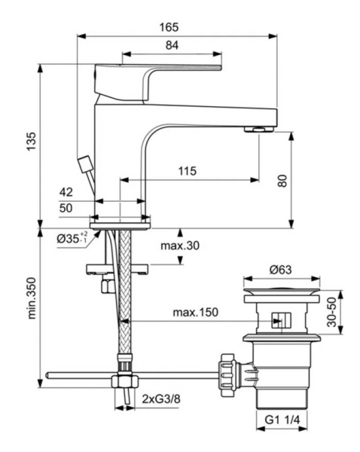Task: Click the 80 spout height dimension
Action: coord(304,180)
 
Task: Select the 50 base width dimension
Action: coord(66,208)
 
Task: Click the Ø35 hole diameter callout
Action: coord(72,238)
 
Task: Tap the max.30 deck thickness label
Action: coord(179,246)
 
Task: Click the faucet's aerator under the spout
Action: coord(259,130)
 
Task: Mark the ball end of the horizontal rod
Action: coord(47,374)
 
